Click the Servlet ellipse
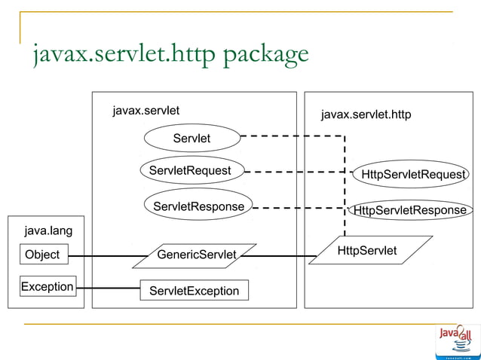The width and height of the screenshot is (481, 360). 191,138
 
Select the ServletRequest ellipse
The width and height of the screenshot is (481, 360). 191,171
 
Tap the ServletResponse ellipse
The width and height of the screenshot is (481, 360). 198,206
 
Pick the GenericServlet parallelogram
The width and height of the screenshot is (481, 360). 195,255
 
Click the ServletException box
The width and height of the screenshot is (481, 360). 194,291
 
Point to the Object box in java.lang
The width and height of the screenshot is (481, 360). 42,255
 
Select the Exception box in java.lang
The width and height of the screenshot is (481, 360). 47,287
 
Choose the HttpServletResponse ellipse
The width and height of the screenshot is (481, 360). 410,210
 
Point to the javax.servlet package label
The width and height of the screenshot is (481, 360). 146,111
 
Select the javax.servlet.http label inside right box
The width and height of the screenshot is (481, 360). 366,114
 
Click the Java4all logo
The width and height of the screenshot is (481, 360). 457,341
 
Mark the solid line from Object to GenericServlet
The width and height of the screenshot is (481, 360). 102,256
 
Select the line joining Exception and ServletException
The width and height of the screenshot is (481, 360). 108,288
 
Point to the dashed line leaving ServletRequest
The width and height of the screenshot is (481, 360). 294,172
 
